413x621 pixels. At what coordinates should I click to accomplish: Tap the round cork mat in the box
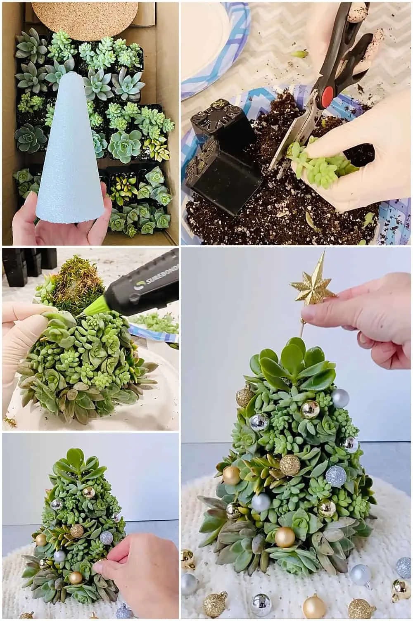point(85,18)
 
